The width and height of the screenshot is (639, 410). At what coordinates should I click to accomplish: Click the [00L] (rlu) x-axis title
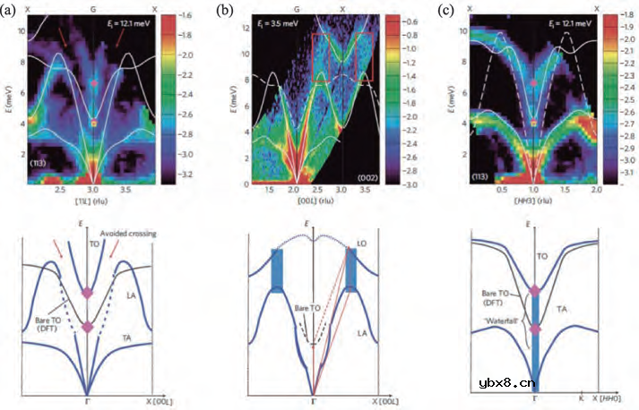pyautogui.click(x=307, y=202)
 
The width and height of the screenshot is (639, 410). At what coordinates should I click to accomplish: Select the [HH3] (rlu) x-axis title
pyautogui.click(x=533, y=202)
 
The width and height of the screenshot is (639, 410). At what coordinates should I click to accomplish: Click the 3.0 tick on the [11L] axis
pyautogui.click(x=93, y=189)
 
